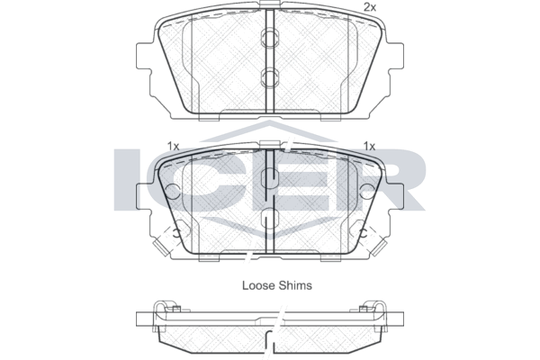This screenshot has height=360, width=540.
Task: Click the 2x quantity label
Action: [370, 7]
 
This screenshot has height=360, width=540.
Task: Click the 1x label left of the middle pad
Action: [173, 147]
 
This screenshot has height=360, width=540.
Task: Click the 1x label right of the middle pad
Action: [369, 147]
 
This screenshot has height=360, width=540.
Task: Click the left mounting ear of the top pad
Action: [144, 56]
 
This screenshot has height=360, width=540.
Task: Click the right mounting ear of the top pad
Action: [396, 56]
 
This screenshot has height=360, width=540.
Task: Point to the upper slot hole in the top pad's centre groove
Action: [270, 38]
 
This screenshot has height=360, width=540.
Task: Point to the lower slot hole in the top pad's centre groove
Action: [270, 76]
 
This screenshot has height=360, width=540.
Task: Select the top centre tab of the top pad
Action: [270, 4]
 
